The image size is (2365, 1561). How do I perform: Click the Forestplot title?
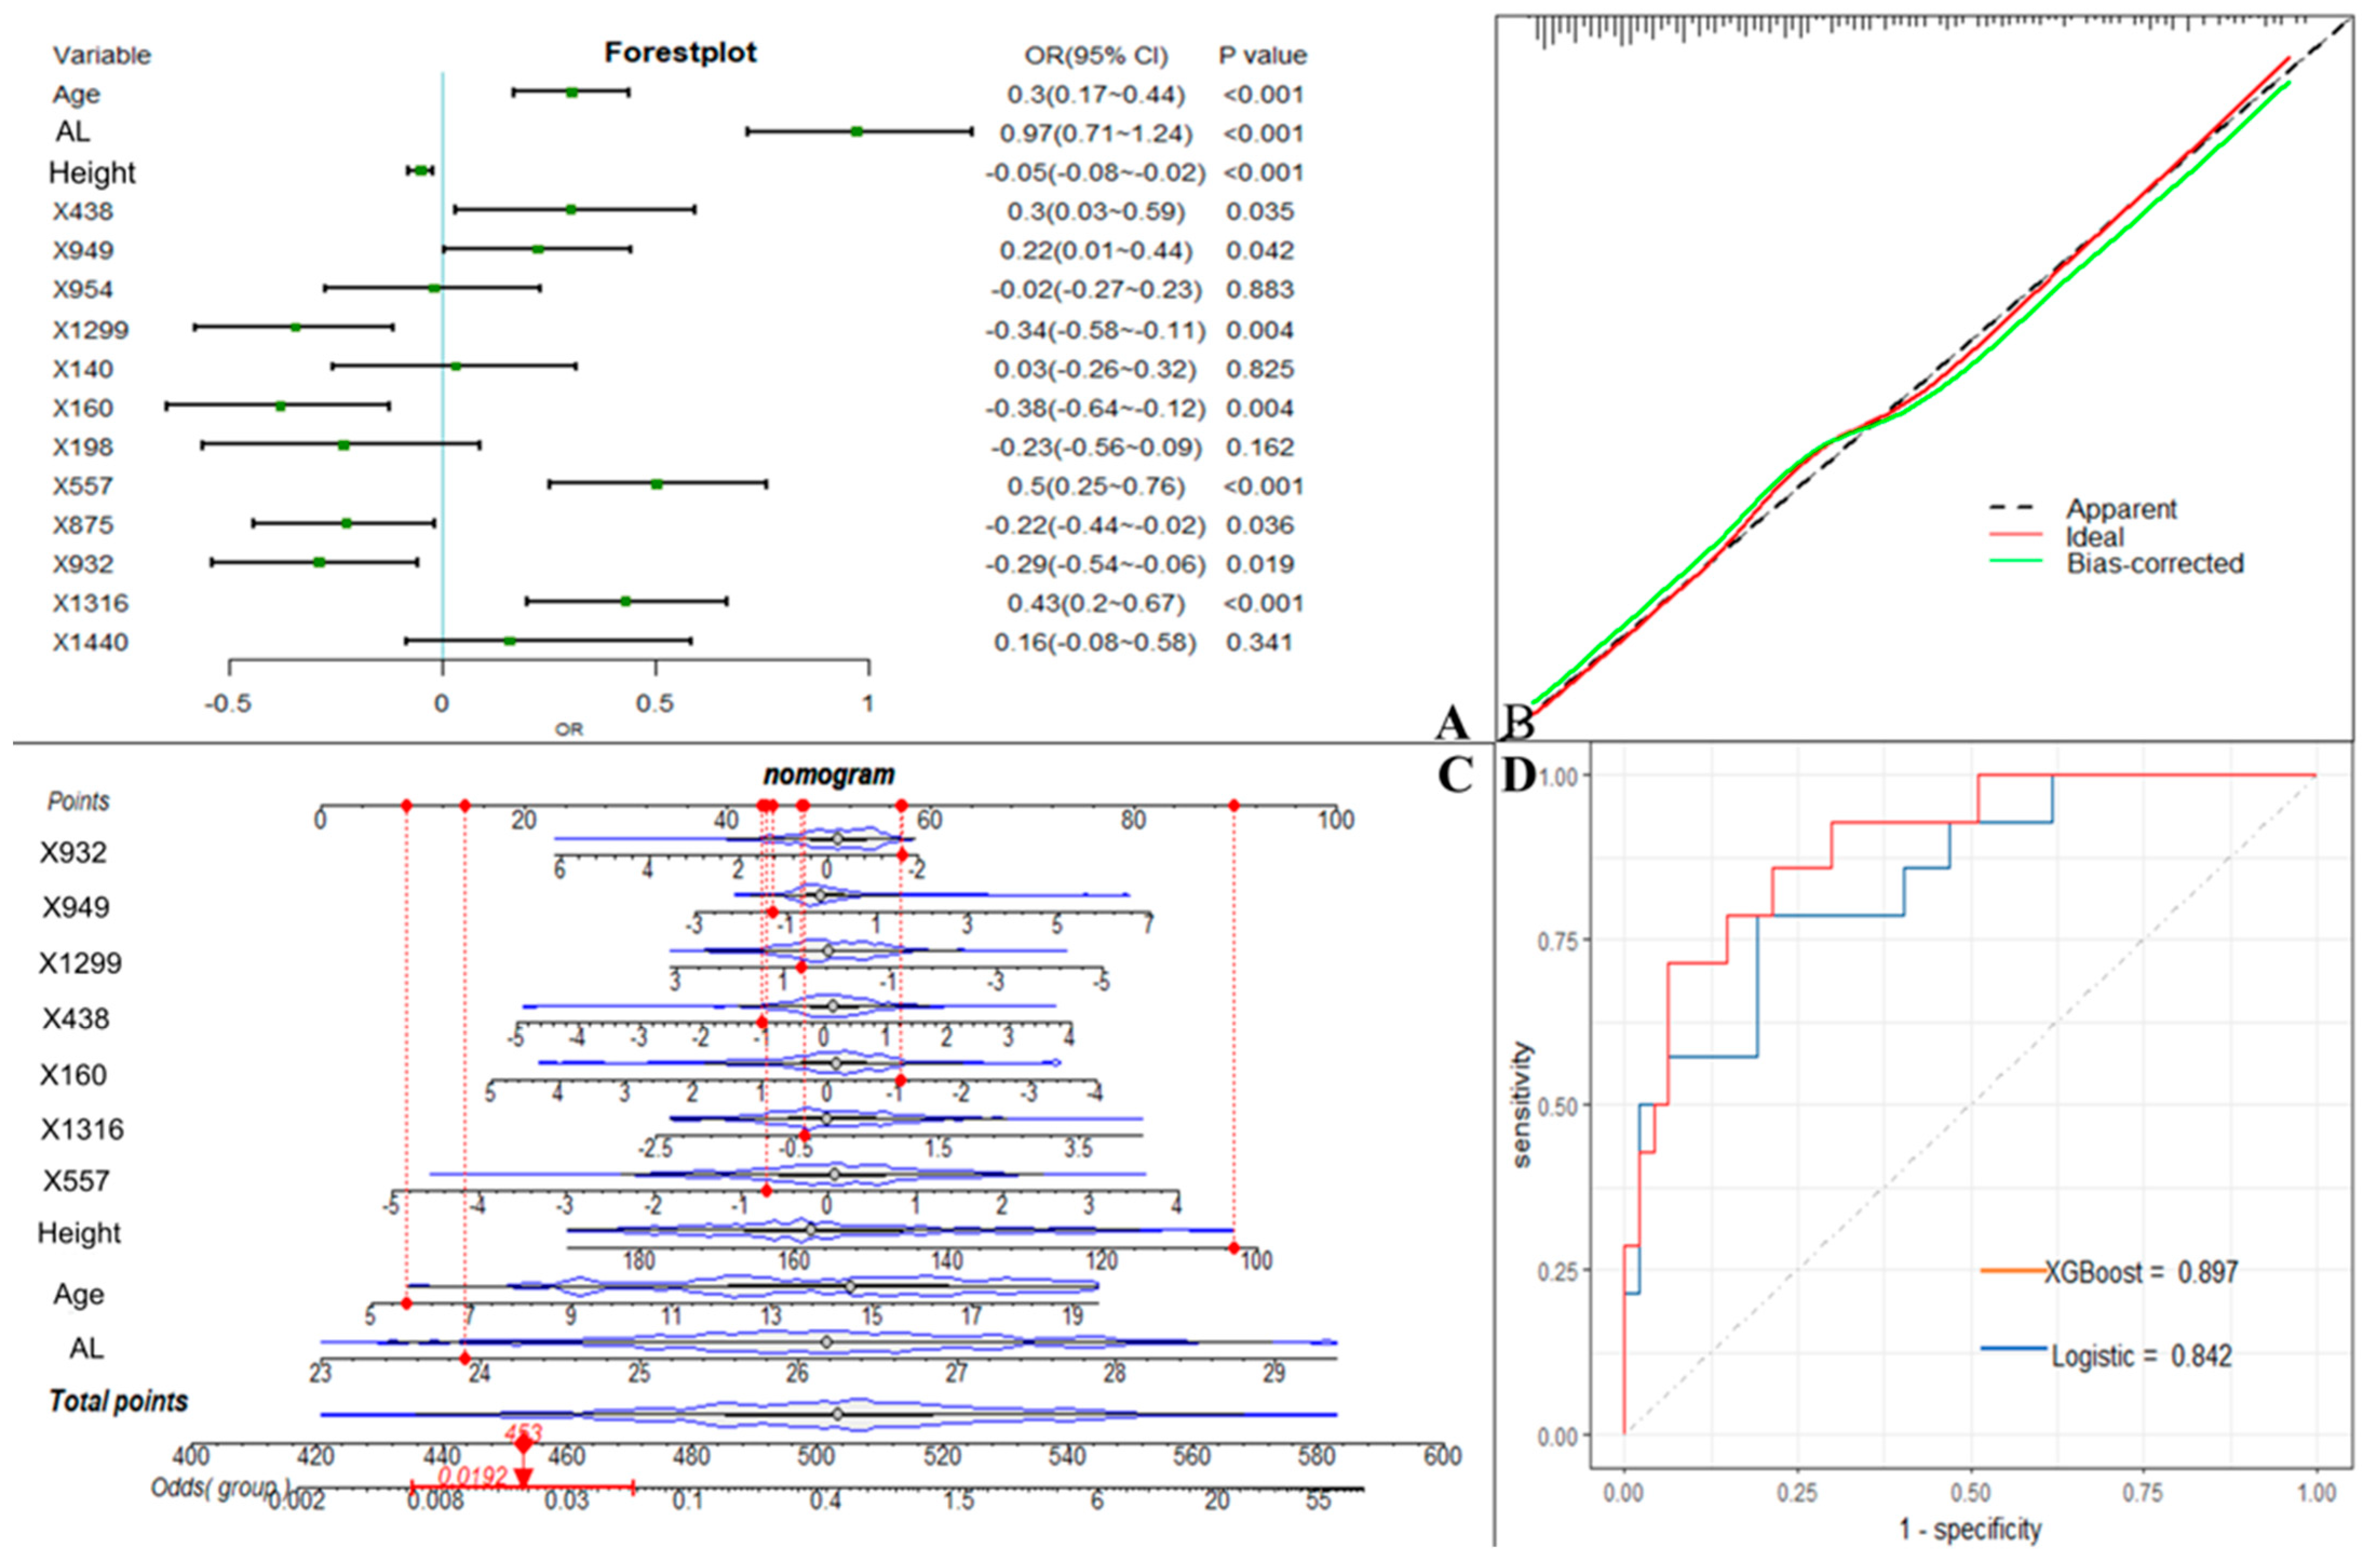(x=681, y=53)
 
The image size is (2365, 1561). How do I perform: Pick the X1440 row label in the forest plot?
(x=91, y=642)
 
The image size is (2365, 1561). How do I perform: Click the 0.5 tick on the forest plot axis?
(x=655, y=703)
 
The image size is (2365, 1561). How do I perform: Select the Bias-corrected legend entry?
(x=2155, y=564)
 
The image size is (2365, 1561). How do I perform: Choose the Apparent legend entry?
(x=2121, y=509)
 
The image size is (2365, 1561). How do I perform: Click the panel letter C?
(x=1455, y=774)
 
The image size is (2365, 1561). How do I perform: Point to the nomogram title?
(x=829, y=774)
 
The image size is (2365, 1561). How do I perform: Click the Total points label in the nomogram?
(x=118, y=1402)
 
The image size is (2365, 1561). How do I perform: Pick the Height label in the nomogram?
(x=79, y=1233)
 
